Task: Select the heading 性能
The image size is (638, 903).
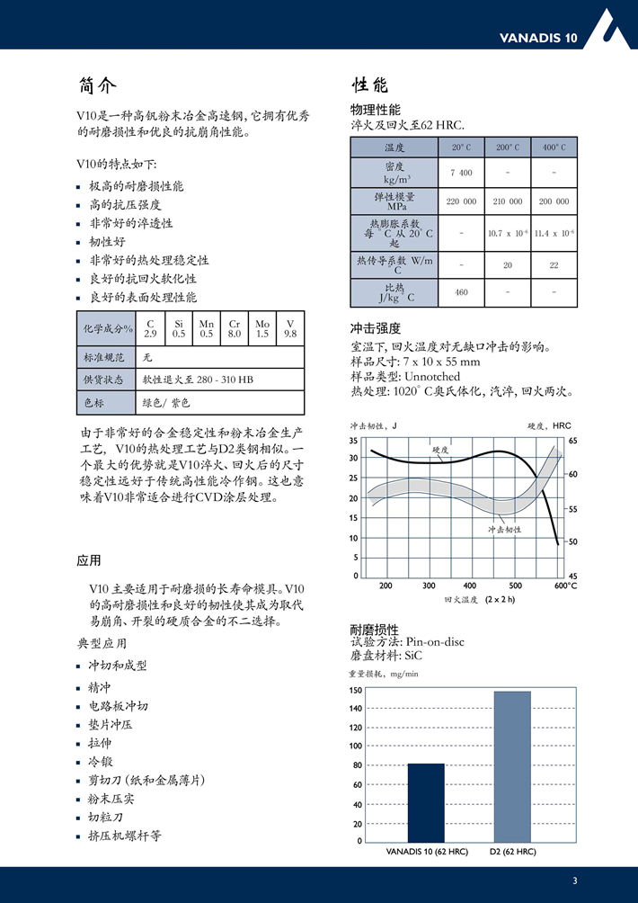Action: [369, 85]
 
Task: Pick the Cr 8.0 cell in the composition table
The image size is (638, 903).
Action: [235, 328]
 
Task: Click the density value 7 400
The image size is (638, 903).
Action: [461, 173]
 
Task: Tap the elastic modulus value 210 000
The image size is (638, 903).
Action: [508, 201]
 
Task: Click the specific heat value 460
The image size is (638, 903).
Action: [461, 292]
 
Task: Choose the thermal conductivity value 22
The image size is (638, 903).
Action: [554, 264]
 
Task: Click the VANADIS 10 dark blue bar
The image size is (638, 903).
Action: [426, 802]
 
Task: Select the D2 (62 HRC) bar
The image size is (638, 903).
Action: [512, 766]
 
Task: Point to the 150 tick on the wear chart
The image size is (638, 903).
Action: [356, 691]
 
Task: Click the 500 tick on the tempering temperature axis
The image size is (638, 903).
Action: [515, 586]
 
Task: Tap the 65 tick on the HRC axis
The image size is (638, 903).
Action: [572, 441]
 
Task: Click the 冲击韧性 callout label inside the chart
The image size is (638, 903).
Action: [504, 530]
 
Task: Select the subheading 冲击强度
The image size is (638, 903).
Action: [375, 327]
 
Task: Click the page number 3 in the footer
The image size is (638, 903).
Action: [574, 880]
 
